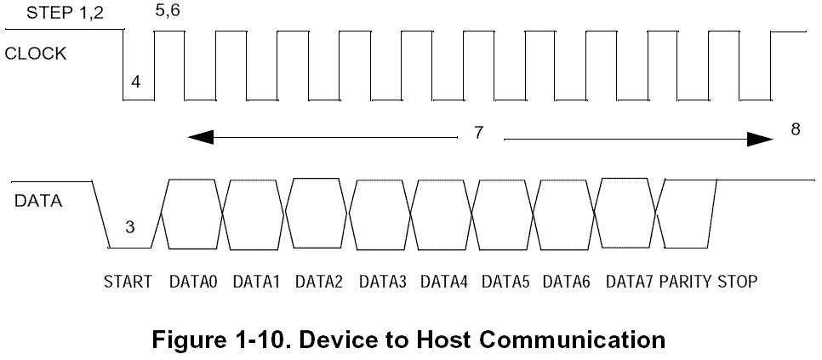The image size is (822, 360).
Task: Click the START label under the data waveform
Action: point(128,282)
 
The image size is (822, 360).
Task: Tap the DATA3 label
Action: point(381,282)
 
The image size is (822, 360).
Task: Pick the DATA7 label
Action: point(629,282)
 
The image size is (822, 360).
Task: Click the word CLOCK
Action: point(36,54)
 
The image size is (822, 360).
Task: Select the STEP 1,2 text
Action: point(53,14)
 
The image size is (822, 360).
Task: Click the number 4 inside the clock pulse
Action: point(136,83)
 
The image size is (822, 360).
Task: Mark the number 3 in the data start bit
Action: point(129,227)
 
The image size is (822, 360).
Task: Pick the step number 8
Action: point(795,129)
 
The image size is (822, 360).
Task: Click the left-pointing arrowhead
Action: point(199,136)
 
